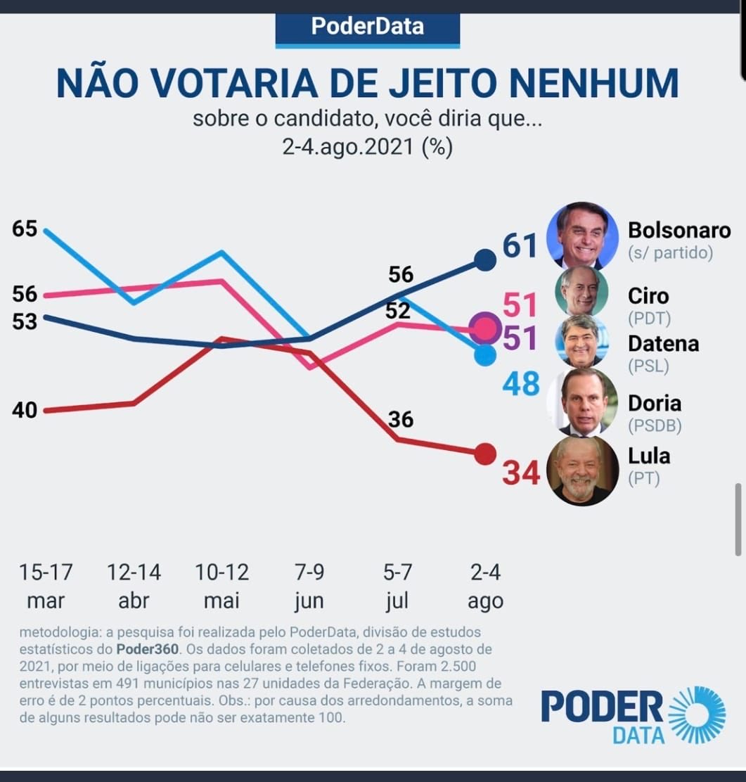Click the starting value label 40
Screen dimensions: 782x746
(x=25, y=410)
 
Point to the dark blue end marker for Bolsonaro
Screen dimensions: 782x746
(x=484, y=259)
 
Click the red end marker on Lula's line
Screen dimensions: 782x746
(x=484, y=454)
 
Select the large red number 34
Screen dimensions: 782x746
(x=521, y=473)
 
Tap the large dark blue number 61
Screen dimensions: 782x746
(x=520, y=245)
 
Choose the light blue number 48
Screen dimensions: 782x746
(x=521, y=384)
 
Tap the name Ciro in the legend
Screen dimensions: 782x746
(x=648, y=295)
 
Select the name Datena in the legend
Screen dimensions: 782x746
(x=663, y=343)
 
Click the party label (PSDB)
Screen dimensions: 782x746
(x=654, y=426)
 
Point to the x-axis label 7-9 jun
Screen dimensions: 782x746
(x=309, y=586)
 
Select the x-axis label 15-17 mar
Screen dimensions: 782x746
(x=46, y=586)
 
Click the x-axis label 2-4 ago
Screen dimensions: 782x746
(x=485, y=586)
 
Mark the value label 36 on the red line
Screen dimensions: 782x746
(x=401, y=420)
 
